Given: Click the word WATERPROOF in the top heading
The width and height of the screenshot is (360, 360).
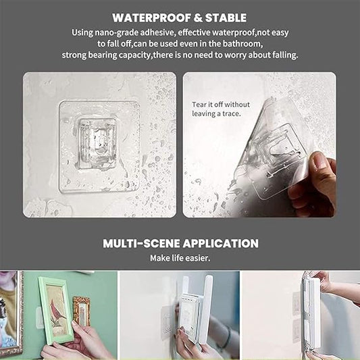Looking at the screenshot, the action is tap(151, 18).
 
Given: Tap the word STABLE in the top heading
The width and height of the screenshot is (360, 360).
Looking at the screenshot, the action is tap(226, 18).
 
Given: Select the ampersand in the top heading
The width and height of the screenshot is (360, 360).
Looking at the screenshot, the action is tap(198, 18).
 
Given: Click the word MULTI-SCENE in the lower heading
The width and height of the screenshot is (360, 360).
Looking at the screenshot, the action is tap(141, 244).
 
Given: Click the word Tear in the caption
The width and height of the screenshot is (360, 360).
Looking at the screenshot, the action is tap(199, 105).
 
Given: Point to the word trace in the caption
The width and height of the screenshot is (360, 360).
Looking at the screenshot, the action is tap(232, 113).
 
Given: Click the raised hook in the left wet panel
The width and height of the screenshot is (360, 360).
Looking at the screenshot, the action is tap(97, 144).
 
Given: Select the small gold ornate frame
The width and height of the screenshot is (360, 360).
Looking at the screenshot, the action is tap(82, 311).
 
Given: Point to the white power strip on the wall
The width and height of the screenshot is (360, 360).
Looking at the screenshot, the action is tap(311, 312).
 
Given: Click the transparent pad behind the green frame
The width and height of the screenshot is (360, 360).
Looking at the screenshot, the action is tap(40, 318).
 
